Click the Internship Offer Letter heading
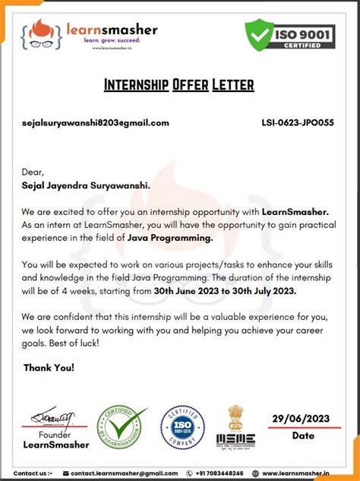[x=179, y=84]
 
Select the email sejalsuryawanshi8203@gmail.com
[x=96, y=122]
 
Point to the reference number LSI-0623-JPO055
[x=297, y=122]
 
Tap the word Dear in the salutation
[x=33, y=172]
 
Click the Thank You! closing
[x=49, y=368]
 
